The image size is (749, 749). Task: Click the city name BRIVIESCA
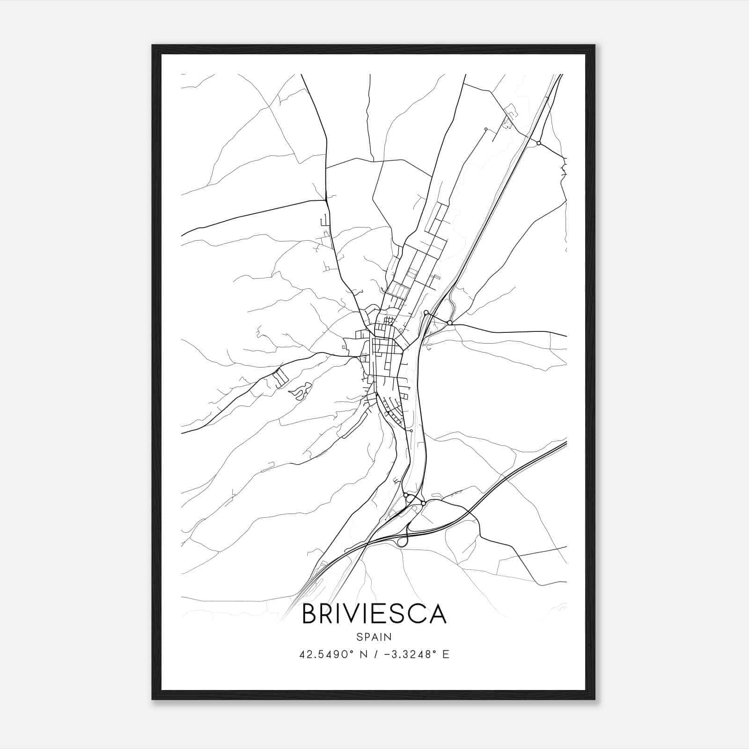point(374,614)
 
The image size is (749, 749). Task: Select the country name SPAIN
point(374,637)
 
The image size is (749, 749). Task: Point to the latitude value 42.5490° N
point(326,654)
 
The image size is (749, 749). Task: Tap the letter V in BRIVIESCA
point(359,614)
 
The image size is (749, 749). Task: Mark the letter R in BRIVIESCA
point(329,614)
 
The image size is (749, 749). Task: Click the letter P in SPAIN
point(367,637)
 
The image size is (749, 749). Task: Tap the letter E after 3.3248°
point(446,654)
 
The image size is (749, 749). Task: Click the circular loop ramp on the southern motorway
point(402,542)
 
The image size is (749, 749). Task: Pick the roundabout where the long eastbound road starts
point(450,323)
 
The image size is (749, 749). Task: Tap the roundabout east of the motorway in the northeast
point(539,143)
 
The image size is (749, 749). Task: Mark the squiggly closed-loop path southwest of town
point(300,390)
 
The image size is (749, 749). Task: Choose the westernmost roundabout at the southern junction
point(405,494)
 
